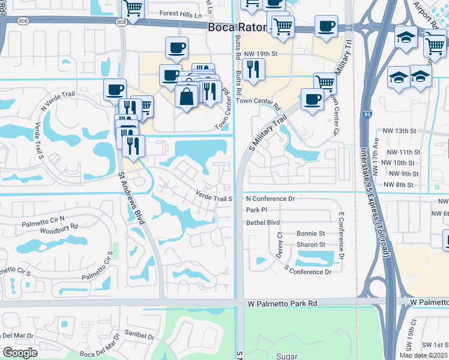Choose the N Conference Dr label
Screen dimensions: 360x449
(x=270, y=199)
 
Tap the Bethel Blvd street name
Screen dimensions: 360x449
(x=263, y=222)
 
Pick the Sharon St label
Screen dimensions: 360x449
(x=310, y=245)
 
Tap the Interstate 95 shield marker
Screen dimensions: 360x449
(x=366, y=114)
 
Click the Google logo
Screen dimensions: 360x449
(x=20, y=353)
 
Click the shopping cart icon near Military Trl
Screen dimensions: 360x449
(x=325, y=82)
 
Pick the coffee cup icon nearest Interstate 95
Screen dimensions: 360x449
(x=326, y=26)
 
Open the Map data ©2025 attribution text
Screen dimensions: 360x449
(x=425, y=355)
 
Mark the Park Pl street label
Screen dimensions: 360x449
(x=256, y=210)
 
